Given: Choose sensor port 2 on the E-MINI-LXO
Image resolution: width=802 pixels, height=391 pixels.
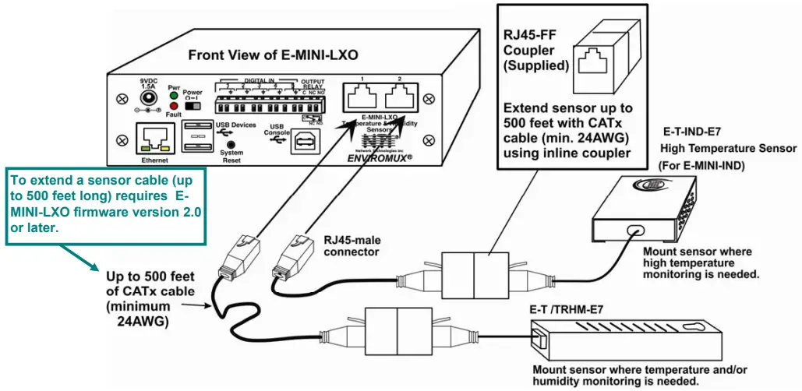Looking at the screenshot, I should pos(399,97).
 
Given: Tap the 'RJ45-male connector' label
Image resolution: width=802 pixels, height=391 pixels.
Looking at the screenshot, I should pos(352,245).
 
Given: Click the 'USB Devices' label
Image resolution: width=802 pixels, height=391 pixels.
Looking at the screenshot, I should pos(235,125).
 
